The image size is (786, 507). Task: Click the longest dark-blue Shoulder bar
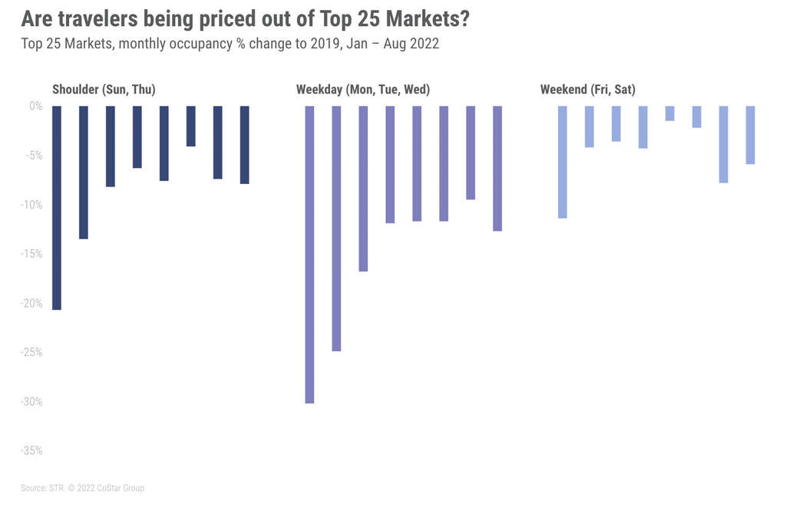(57, 207)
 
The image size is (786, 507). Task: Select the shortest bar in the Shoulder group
(191, 126)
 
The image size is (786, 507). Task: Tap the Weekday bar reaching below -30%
(310, 254)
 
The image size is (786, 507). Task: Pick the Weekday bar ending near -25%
(336, 228)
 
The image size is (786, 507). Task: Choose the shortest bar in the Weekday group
(471, 153)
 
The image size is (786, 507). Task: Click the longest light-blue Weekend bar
(563, 162)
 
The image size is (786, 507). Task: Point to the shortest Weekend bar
(670, 114)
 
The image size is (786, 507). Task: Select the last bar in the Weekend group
(750, 135)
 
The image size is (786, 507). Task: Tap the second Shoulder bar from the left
(84, 172)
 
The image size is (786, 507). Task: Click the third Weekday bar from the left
(363, 188)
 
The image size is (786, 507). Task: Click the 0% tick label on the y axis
(35, 107)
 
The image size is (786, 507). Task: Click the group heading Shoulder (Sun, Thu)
(104, 90)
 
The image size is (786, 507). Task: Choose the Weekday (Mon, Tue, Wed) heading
(363, 90)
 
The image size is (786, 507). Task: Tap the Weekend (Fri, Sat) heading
(587, 90)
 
